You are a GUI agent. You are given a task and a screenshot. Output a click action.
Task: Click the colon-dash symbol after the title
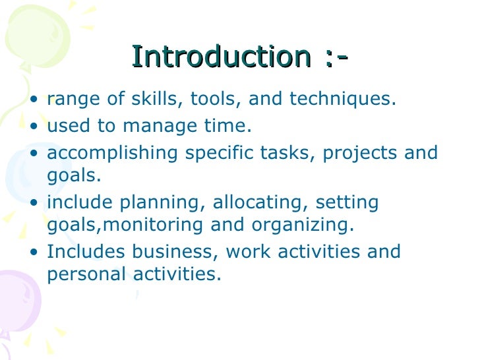(x=336, y=58)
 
